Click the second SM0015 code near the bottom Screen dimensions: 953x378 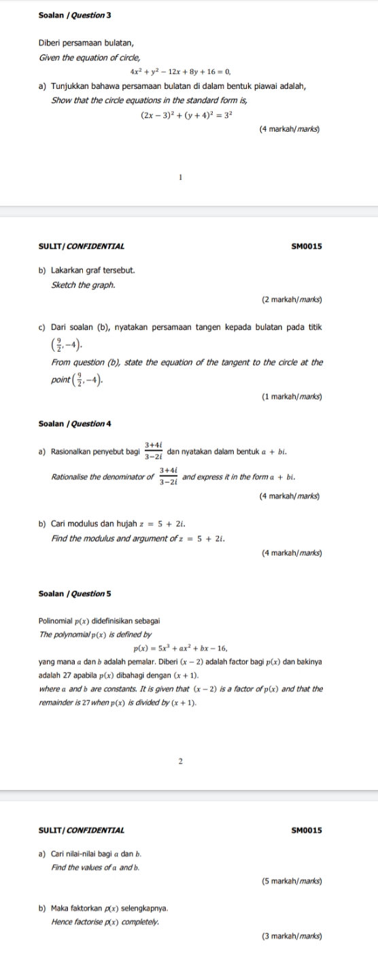point(307,829)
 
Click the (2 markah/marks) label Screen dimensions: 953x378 point(291,298)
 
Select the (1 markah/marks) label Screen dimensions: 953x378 point(291,396)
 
